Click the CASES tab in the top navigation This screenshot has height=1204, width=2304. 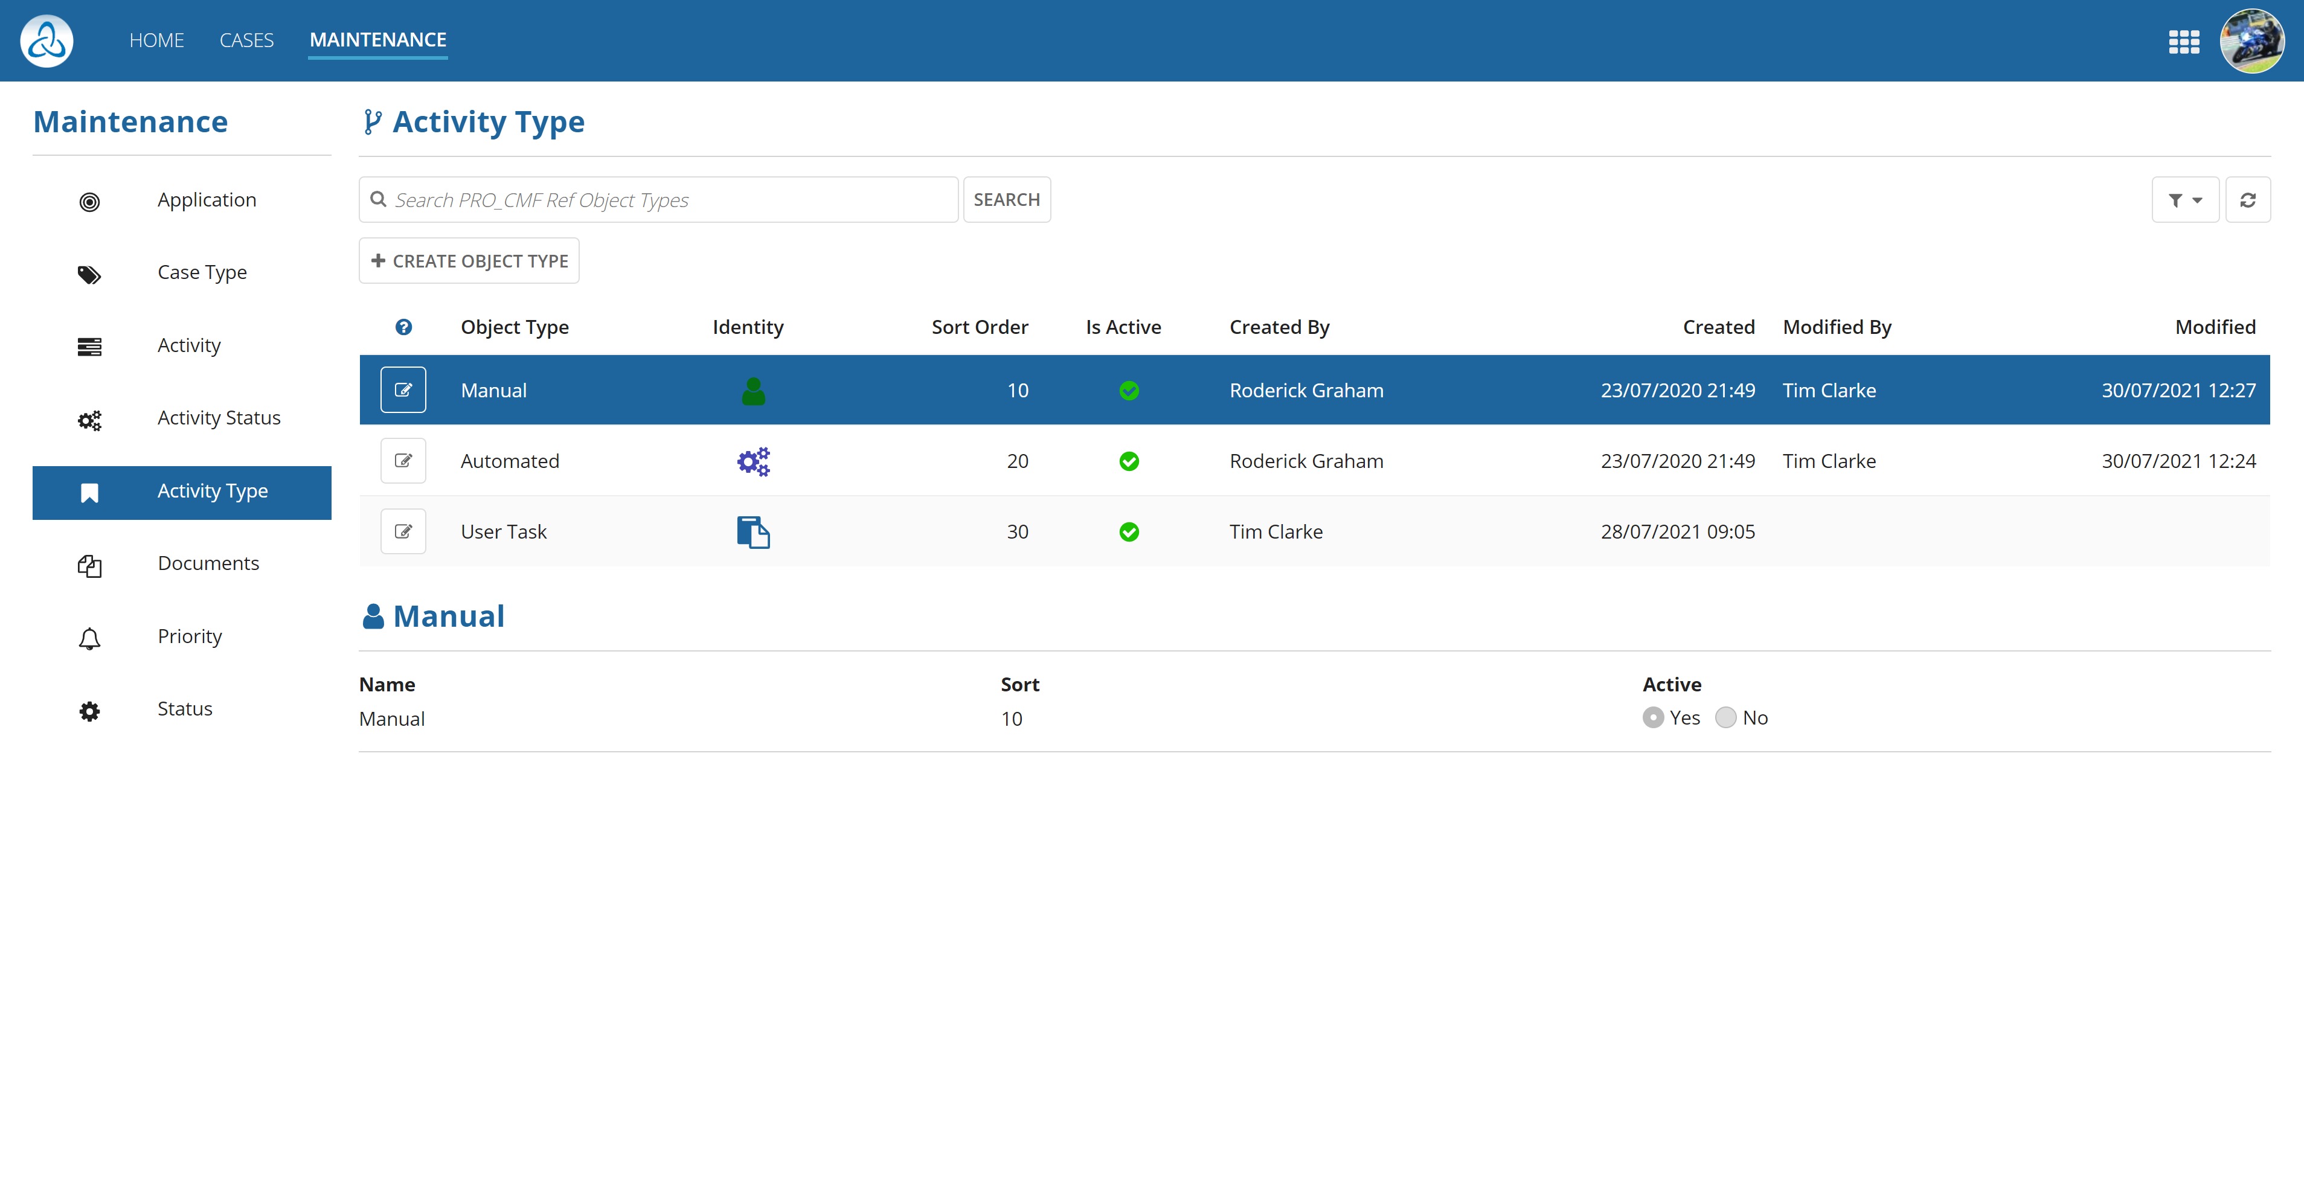pyautogui.click(x=246, y=40)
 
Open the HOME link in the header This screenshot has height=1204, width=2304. pyautogui.click(x=156, y=40)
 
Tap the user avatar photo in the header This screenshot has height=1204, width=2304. pyautogui.click(x=2251, y=41)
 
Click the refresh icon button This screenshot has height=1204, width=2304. pyautogui.click(x=2248, y=200)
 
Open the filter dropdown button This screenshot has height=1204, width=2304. pyautogui.click(x=2184, y=200)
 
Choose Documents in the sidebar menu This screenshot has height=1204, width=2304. pyautogui.click(x=208, y=563)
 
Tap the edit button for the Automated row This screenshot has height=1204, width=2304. pyautogui.click(x=403, y=461)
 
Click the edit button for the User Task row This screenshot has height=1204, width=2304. pyautogui.click(x=403, y=531)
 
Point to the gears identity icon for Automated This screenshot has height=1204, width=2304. pyautogui.click(x=753, y=461)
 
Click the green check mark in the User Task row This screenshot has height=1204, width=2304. pyautogui.click(x=1129, y=532)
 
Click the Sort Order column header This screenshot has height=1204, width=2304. pyautogui.click(x=980, y=327)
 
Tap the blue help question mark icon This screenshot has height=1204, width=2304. pyautogui.click(x=403, y=327)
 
